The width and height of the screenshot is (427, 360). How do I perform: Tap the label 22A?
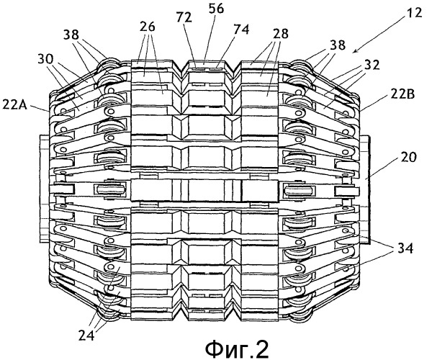[x=15, y=104]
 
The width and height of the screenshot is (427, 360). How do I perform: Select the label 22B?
[x=403, y=95]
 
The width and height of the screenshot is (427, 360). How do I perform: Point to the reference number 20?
[x=408, y=157]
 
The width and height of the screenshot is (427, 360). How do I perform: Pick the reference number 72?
[x=184, y=17]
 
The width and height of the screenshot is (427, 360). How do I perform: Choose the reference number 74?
[x=241, y=29]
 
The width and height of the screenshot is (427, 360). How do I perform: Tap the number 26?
[x=148, y=27]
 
